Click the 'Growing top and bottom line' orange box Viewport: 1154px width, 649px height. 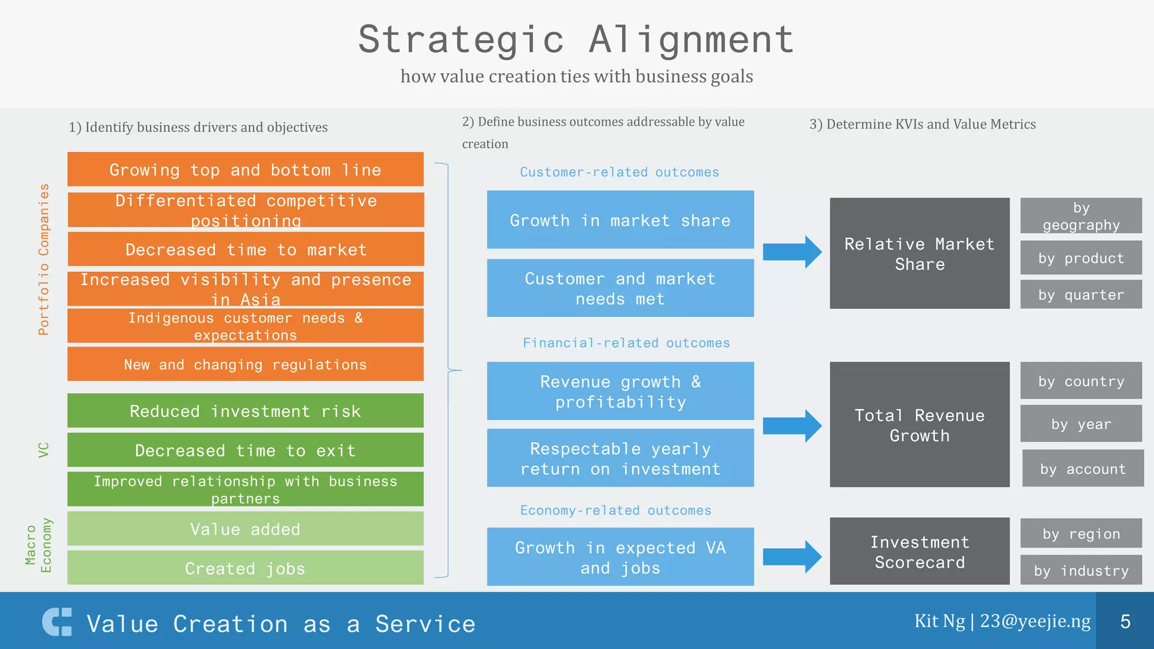coord(245,170)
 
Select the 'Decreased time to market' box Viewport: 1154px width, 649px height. coord(245,249)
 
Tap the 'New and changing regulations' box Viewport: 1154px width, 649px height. coord(245,364)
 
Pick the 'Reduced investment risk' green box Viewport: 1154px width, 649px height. coord(245,411)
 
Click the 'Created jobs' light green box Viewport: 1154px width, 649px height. coord(245,568)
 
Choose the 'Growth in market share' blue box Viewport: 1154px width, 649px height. coord(620,220)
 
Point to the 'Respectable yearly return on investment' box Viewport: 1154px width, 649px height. coord(620,458)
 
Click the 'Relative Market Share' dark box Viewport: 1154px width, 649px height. coord(920,254)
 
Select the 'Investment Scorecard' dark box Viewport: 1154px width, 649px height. coord(920,552)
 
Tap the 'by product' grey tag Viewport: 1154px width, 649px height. coord(1081,258)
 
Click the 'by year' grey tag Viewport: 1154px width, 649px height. coord(1081,424)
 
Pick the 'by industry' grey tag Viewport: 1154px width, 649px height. coord(1081,570)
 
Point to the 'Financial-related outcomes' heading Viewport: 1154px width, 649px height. coord(626,343)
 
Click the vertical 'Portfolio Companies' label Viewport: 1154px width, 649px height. coord(43,259)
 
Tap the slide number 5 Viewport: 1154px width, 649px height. coord(1125,621)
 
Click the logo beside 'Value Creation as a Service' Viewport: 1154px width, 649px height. coord(57,622)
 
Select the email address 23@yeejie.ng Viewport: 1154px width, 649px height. coord(1035,621)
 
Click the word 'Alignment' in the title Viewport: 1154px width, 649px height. coord(691,39)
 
